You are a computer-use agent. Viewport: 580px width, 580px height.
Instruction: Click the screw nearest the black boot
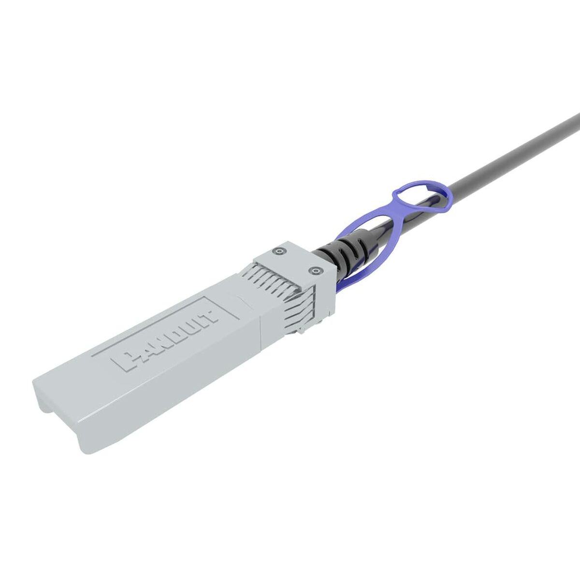(x=315, y=271)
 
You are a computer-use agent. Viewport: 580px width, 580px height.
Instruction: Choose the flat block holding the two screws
(x=295, y=261)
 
